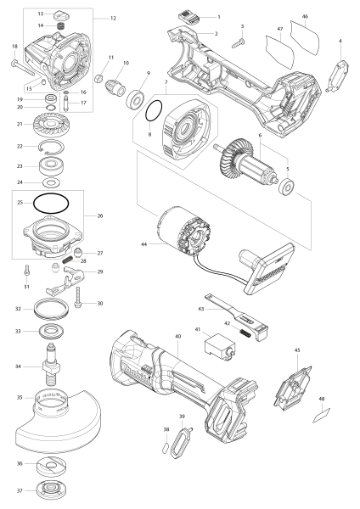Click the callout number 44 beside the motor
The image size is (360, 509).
(x=144, y=243)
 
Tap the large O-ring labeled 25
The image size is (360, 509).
(x=51, y=195)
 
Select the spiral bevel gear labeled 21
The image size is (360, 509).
(x=52, y=125)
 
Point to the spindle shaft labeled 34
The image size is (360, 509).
(x=51, y=365)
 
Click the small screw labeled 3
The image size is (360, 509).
(x=238, y=43)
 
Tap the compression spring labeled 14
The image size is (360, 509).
(x=59, y=25)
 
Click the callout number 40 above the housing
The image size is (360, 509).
(x=177, y=336)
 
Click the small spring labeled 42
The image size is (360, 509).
(x=245, y=333)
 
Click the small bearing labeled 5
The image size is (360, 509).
(x=287, y=187)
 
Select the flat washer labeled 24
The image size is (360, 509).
(x=51, y=182)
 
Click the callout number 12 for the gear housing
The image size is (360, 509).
(x=113, y=19)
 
